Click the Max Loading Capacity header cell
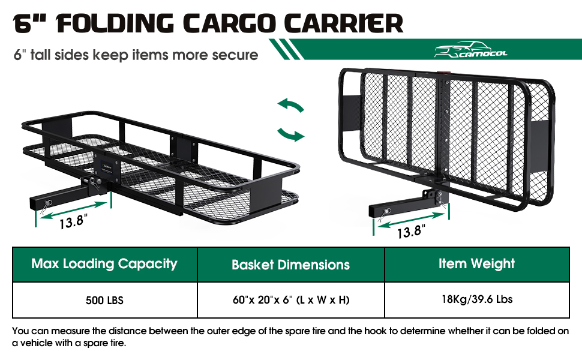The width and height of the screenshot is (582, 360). tap(104, 263)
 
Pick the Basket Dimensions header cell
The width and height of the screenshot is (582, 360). tap(290, 264)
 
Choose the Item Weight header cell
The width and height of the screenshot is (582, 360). tap(476, 263)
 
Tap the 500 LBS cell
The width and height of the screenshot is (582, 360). tap(104, 299)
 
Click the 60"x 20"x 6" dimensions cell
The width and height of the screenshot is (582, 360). tap(290, 299)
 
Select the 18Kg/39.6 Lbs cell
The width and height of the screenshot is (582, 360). tap(476, 299)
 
